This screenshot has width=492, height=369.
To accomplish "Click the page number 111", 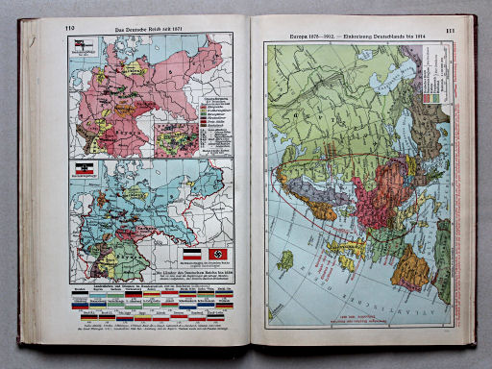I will pos(450,33).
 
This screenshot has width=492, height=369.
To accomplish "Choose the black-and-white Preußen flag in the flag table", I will pos(80,295).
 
